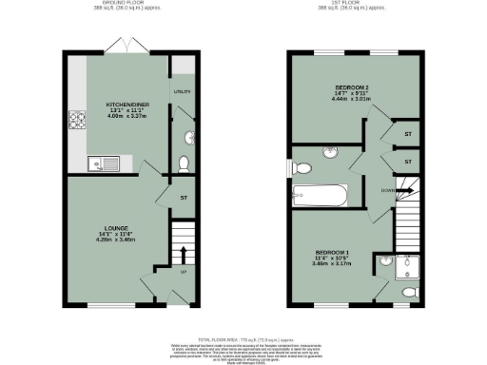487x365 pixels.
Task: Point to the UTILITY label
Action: [183, 92]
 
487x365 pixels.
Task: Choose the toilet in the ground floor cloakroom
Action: [185, 137]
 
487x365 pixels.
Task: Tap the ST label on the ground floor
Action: [183, 198]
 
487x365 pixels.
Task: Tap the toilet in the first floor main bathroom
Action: [302, 168]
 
